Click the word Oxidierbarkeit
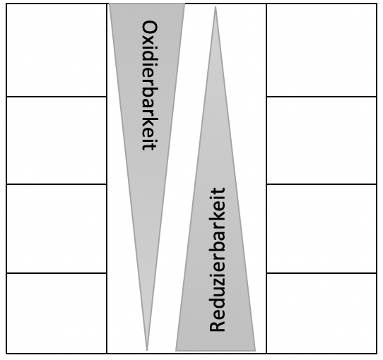150,85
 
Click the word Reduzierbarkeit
217,260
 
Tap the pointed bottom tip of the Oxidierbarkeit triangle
147,351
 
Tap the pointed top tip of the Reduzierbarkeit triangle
216,6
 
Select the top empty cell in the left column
57,50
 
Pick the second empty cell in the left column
57,140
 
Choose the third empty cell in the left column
57,229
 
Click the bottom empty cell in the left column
57,313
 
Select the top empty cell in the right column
322,50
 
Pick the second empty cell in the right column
322,140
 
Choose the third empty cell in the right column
322,229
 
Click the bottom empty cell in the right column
322,313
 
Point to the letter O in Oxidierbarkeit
150,28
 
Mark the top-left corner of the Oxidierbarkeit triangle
110,4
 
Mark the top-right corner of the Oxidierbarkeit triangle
184,4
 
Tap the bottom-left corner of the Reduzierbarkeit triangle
176,351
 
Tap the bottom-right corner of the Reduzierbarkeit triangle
256,351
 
